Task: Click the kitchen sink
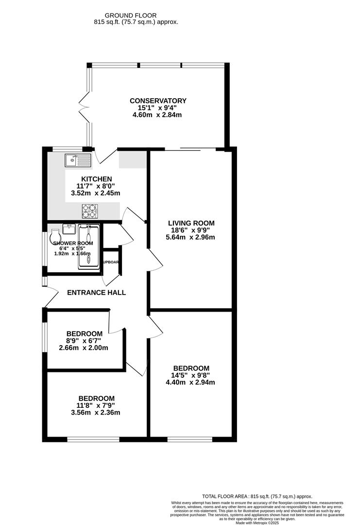pos(77,159)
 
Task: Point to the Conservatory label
pos(158,101)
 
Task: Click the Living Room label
pos(190,223)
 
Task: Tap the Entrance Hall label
pos(96,293)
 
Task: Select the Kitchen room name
pos(97,179)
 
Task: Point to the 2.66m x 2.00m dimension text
pos(84,348)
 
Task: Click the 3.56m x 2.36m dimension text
pos(96,413)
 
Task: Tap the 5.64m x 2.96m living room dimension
pos(190,237)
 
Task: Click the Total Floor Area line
pos(257,496)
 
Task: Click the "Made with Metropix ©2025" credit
pos(257,523)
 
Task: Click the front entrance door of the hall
pos(49,297)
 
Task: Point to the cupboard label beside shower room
pos(111,262)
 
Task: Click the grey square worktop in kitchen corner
pos(133,160)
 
